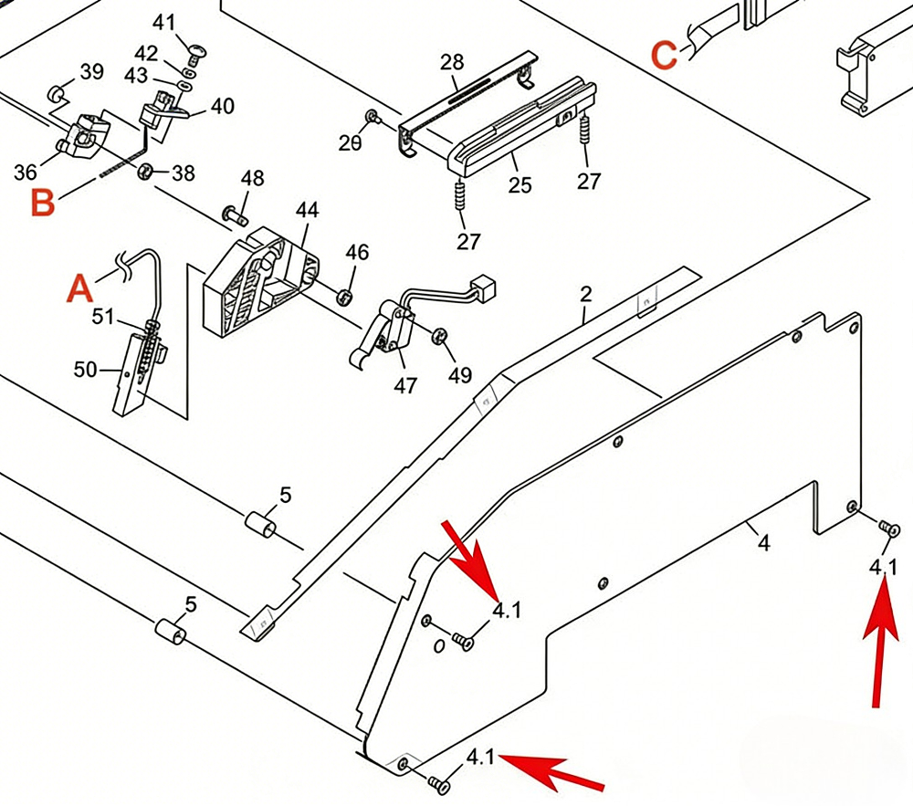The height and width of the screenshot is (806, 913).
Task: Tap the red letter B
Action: coord(43,203)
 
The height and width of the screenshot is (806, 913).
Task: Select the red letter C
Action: coord(665,55)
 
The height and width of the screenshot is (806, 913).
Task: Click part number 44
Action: coord(307,209)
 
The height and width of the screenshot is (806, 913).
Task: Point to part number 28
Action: coord(452,63)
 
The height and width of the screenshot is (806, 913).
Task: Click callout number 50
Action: coord(85,369)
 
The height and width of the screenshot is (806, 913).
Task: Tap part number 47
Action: coord(405,385)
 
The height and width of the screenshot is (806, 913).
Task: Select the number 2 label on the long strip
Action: coord(586,294)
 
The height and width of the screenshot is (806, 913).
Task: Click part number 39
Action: coord(91,72)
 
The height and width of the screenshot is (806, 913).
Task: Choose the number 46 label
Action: coord(357,252)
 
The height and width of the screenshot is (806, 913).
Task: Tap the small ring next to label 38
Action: coord(145,171)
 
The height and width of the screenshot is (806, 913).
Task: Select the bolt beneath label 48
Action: coord(234,216)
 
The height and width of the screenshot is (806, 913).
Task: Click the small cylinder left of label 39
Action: coord(55,92)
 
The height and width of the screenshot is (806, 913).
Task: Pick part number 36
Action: coord(26,171)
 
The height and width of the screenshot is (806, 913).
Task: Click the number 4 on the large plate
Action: coord(763,543)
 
